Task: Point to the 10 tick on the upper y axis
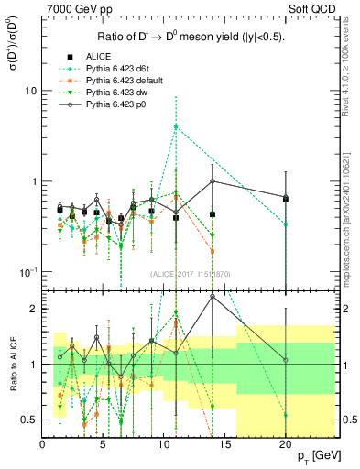[30, 92]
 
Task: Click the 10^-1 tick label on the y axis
[27, 272]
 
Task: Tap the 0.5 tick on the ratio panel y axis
[29, 420]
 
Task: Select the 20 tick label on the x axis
[285, 444]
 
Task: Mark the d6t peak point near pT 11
[176, 126]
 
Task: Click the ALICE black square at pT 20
[285, 198]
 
